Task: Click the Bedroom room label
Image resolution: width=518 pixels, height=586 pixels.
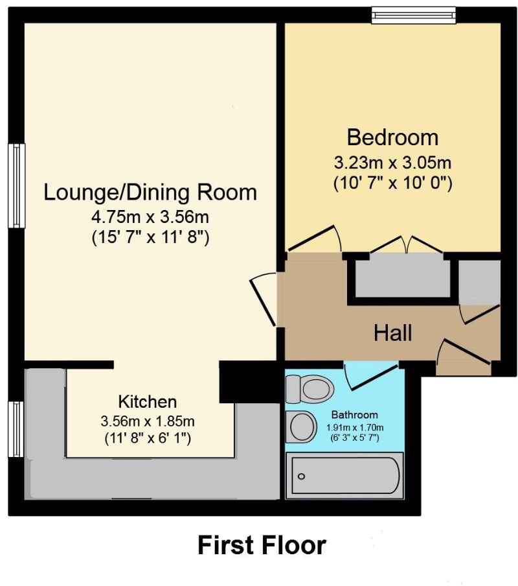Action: pyautogui.click(x=392, y=137)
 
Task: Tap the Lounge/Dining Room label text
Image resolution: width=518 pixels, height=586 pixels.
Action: pyautogui.click(x=150, y=193)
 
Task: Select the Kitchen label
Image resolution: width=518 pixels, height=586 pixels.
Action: pyautogui.click(x=147, y=401)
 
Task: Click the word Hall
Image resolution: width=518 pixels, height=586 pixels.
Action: pyautogui.click(x=392, y=334)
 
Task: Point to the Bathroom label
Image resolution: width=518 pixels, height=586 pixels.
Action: pyautogui.click(x=354, y=415)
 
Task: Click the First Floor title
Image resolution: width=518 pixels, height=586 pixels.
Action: pyautogui.click(x=262, y=545)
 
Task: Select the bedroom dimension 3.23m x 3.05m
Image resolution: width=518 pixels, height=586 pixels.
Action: pyautogui.click(x=392, y=162)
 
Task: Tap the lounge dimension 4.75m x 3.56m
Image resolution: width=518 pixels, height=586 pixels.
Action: pyautogui.click(x=150, y=217)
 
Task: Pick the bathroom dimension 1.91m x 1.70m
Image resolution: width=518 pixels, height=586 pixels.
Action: pyautogui.click(x=354, y=427)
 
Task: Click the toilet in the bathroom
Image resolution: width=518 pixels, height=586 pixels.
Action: pyautogui.click(x=310, y=389)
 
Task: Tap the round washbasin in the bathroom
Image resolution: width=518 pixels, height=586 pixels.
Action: pyautogui.click(x=300, y=427)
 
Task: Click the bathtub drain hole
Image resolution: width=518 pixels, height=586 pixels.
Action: pyautogui.click(x=301, y=477)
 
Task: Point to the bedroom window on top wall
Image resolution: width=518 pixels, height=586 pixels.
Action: pyautogui.click(x=413, y=15)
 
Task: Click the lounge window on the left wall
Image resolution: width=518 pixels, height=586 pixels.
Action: pyautogui.click(x=16, y=185)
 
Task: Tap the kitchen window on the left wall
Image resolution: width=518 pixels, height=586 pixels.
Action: pyautogui.click(x=16, y=429)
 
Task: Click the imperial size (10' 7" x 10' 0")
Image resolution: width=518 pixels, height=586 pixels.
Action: pyautogui.click(x=392, y=183)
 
